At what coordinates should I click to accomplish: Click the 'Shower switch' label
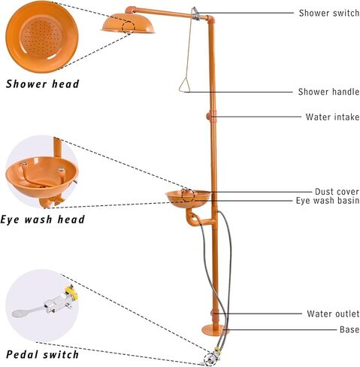point(329,13)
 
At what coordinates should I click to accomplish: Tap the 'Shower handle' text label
point(328,92)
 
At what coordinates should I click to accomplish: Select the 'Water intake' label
point(332,117)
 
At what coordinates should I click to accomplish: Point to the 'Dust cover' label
point(337,192)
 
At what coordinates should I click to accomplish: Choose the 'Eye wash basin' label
point(328,201)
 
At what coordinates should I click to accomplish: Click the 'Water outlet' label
point(333,314)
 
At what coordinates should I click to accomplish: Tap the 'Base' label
point(349,329)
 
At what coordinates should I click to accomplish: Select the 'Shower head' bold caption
point(43,84)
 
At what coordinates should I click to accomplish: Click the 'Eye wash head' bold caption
point(43,220)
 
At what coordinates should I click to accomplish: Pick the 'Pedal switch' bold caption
point(42,354)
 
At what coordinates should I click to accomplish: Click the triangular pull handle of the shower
point(185,85)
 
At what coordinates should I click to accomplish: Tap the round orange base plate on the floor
point(215,330)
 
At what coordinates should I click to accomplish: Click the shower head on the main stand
point(128,23)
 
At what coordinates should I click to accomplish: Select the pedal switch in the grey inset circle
point(45,302)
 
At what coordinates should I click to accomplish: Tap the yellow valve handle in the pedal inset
point(71,293)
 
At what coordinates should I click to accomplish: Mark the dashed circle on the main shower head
point(129,28)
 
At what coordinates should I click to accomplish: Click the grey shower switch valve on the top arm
point(195,14)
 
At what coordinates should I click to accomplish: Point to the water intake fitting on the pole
point(209,117)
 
